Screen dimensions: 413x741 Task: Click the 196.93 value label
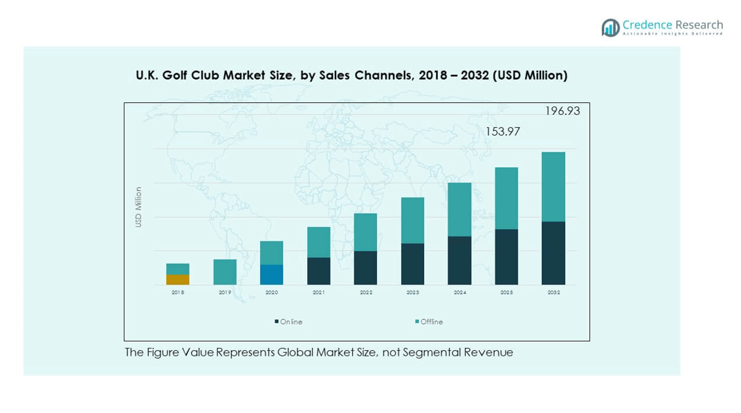(x=562, y=111)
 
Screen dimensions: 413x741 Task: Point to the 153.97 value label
(x=502, y=131)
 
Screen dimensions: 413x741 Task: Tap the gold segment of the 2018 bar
(x=178, y=279)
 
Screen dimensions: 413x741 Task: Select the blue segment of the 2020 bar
(x=271, y=275)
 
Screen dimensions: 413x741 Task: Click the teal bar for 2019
(x=225, y=272)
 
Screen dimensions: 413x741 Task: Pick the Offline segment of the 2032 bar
(x=554, y=187)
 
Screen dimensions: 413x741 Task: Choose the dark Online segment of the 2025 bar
(x=506, y=257)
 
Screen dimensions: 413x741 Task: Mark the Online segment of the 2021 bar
(x=319, y=271)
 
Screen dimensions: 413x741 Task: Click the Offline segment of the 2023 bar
(x=412, y=220)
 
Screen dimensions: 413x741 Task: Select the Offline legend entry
(x=431, y=322)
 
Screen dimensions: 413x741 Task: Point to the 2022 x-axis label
(x=366, y=293)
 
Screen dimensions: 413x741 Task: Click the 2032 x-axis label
(x=554, y=293)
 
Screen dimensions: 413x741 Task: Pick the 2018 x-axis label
(x=178, y=293)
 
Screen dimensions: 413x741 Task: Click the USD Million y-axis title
(x=138, y=207)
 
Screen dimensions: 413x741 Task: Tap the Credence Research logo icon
(x=610, y=28)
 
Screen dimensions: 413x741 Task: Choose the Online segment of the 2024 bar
(x=459, y=260)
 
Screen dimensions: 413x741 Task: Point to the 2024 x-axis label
(x=459, y=293)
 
